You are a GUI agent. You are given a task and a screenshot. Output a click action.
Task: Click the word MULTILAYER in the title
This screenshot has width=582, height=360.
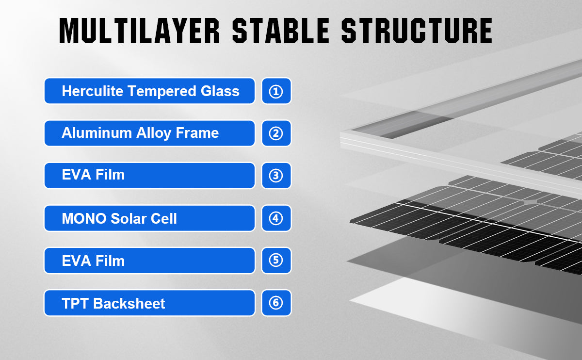[140, 31]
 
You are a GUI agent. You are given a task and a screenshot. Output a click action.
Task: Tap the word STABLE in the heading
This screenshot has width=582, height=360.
[281, 31]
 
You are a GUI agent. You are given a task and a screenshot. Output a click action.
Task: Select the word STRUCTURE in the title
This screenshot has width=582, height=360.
[417, 31]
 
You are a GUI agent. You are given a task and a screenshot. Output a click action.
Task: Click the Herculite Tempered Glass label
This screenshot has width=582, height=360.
[150, 91]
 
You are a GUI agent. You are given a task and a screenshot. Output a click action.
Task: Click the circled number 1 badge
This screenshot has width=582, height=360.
[276, 91]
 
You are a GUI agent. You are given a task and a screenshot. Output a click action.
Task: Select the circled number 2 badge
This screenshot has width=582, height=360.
[276, 133]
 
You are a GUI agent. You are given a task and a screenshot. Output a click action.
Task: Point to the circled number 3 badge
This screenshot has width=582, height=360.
[276, 176]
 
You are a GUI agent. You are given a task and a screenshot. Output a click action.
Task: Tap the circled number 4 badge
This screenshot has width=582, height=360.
[276, 218]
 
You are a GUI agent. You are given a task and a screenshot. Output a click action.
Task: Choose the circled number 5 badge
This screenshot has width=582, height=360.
[276, 261]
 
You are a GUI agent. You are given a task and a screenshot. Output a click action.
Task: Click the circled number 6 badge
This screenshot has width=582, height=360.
[276, 303]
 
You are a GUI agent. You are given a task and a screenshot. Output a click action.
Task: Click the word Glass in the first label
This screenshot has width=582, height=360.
[220, 91]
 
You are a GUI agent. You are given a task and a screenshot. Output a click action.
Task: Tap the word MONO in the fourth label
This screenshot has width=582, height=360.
[84, 218]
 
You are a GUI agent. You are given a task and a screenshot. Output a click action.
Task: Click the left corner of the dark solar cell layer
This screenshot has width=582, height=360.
[351, 222]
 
